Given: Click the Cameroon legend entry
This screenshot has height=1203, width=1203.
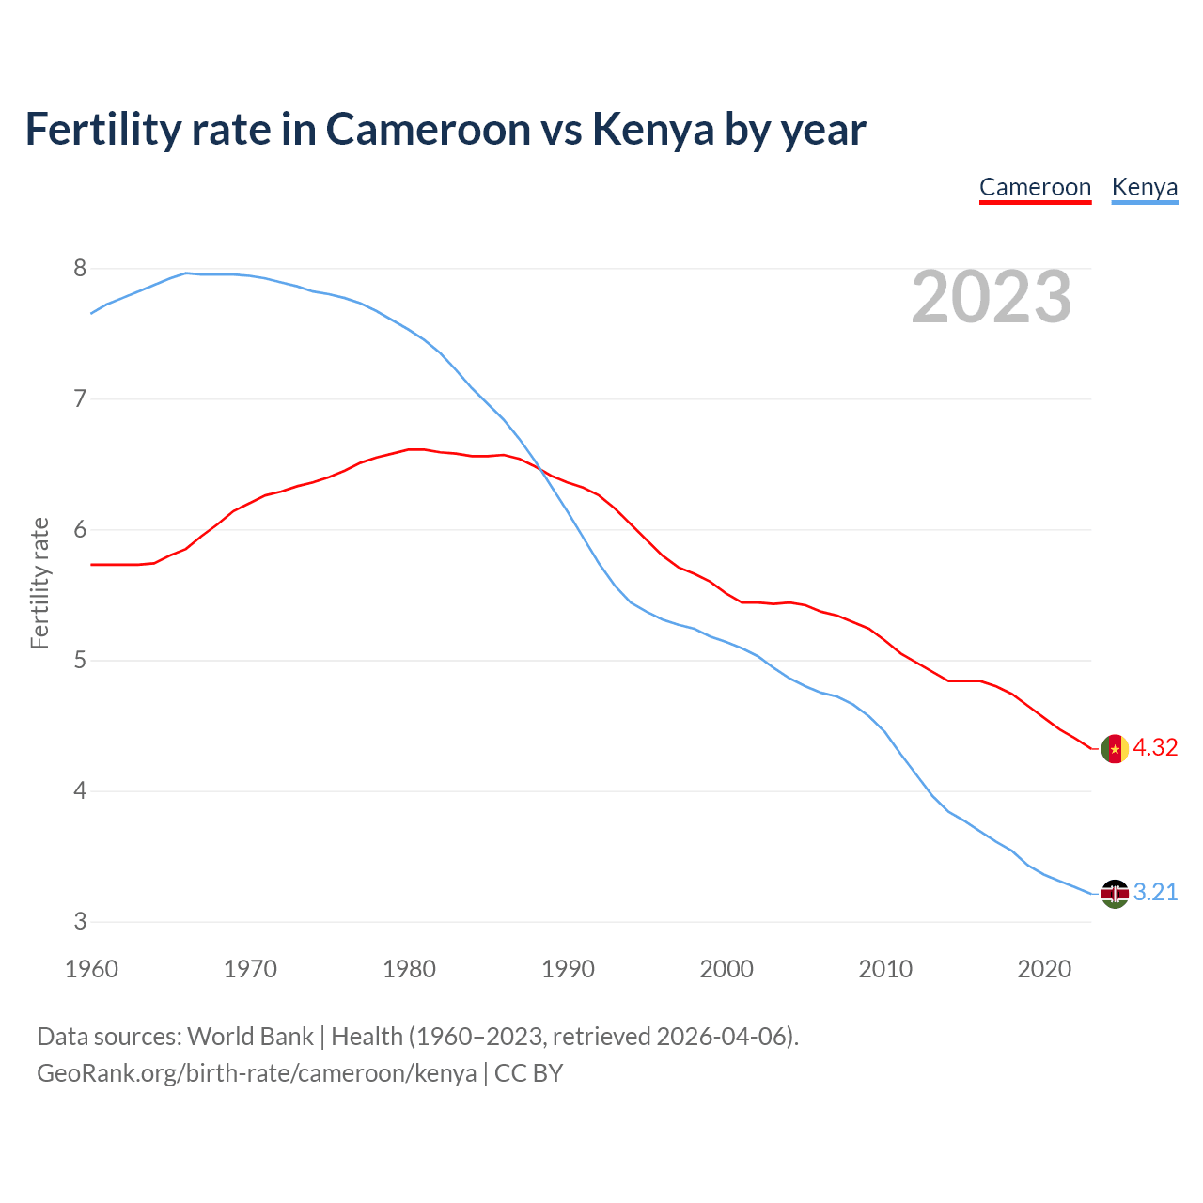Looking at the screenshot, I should tap(1035, 187).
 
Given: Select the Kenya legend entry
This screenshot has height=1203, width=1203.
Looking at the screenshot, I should tap(1144, 187).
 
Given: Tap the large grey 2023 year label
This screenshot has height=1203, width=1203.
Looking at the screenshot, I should tap(992, 297).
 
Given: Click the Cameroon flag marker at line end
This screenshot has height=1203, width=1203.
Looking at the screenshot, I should tap(1115, 749).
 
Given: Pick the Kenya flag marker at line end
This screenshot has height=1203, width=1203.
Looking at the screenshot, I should tap(1115, 893).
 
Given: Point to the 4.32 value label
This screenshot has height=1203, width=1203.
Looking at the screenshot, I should tap(1155, 748).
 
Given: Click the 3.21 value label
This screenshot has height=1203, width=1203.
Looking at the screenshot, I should tap(1155, 893).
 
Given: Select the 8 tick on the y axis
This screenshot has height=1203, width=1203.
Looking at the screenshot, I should tap(80, 269).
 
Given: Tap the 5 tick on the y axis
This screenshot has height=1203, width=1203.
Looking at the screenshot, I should tap(80, 661).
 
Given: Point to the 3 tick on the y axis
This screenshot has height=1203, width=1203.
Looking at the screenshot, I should tap(80, 922).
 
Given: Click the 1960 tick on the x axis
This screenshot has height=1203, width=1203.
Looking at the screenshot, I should tap(91, 969).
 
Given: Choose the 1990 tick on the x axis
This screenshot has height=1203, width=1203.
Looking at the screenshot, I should tap(568, 969).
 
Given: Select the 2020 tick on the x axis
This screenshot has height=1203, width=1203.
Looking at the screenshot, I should tap(1044, 969).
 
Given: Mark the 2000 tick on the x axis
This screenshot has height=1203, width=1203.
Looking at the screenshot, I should tap(726, 969).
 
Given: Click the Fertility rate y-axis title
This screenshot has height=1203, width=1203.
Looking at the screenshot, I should tap(39, 583).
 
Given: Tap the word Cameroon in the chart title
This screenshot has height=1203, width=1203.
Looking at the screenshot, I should tap(428, 129).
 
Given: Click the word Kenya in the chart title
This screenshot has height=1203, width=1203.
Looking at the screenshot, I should tap(653, 129).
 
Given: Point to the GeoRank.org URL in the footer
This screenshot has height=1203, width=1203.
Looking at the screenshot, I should tap(257, 1073).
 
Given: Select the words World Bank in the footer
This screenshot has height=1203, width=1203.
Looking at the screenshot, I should tap(250, 1037).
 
